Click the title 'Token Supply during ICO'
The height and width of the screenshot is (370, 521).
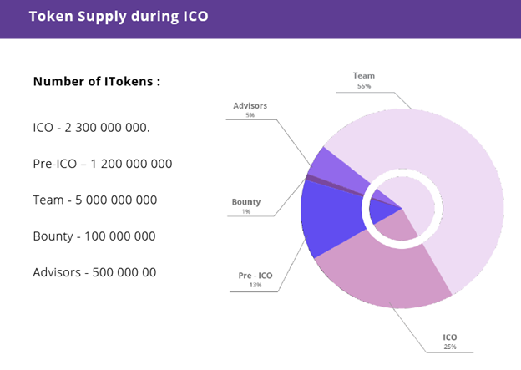tap(119, 16)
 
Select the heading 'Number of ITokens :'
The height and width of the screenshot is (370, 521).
tap(97, 82)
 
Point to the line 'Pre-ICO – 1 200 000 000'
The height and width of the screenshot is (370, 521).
tap(103, 164)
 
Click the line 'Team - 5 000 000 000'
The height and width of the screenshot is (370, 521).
tap(95, 200)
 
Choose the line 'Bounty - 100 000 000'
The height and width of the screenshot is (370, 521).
tap(94, 236)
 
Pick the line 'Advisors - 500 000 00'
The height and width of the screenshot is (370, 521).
tap(94, 272)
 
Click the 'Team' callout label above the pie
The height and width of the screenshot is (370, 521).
tap(364, 76)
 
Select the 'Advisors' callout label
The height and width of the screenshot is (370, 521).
tap(250, 106)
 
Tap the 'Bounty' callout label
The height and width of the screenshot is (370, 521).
tap(246, 201)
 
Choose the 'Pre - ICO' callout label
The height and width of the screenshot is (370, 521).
tap(255, 275)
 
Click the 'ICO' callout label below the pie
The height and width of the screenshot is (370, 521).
tap(450, 337)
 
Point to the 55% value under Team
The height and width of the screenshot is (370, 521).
tap(364, 86)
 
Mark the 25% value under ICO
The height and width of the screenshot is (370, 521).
tap(450, 347)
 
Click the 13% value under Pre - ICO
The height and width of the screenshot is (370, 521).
tap(255, 285)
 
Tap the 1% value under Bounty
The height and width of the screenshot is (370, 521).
tap(246, 211)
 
